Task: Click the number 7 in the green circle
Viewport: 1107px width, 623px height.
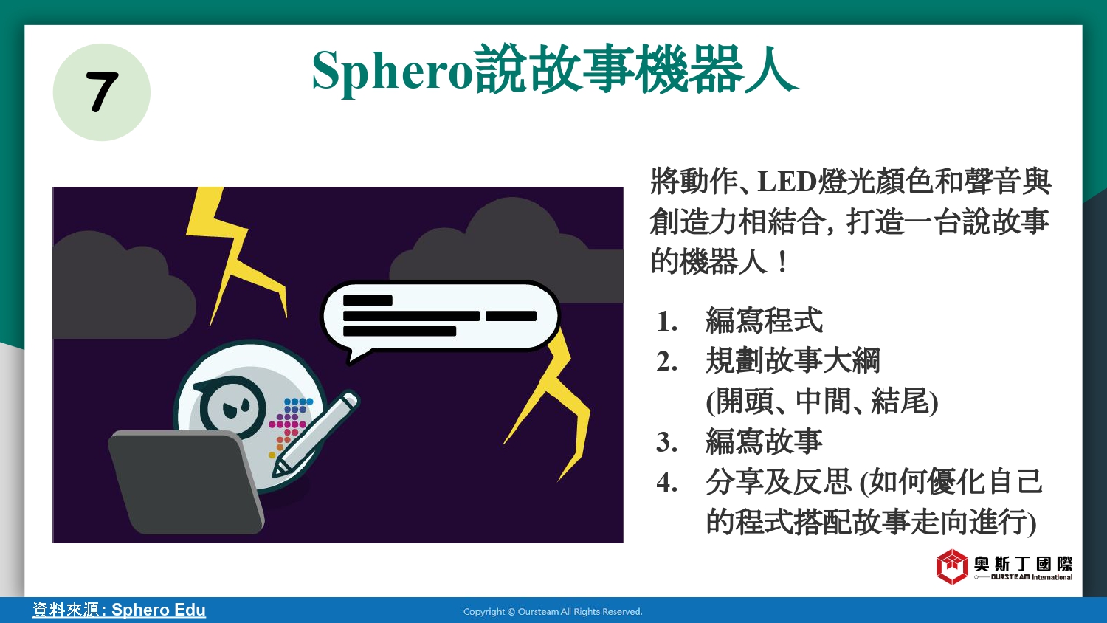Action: [x=102, y=92]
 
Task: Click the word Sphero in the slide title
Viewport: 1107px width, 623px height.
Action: [x=392, y=71]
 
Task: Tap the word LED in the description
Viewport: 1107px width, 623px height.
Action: [x=787, y=182]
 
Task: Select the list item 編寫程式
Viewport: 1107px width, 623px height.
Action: [x=764, y=320]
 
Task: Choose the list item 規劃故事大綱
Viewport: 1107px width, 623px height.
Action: [x=793, y=360]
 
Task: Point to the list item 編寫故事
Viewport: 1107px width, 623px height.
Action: [x=764, y=441]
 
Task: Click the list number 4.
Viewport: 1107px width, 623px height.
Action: [x=666, y=482]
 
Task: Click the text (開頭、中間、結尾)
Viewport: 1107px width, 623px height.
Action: [x=822, y=401]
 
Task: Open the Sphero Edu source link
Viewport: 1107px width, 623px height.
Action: [x=119, y=610]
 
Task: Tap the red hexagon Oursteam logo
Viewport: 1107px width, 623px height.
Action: [x=952, y=567]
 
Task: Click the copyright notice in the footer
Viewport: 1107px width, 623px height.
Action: [x=553, y=612]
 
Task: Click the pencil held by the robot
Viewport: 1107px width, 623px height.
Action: [x=315, y=434]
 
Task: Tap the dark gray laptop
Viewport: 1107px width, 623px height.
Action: [x=186, y=482]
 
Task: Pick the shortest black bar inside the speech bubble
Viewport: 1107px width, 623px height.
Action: [x=368, y=300]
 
